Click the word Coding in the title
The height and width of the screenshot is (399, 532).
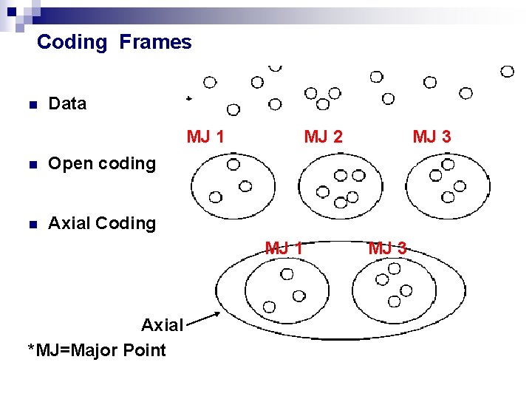click(x=72, y=42)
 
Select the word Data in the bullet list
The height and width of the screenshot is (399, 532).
click(x=67, y=104)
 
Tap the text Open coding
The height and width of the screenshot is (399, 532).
click(x=102, y=163)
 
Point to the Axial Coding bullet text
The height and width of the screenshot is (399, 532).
click(x=102, y=223)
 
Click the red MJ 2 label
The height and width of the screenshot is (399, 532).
click(x=323, y=137)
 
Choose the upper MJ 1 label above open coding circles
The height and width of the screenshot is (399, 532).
click(x=206, y=137)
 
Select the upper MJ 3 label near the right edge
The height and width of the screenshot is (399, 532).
click(x=432, y=137)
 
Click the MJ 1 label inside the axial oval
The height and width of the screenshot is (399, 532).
click(x=284, y=248)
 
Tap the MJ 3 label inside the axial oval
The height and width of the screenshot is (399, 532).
click(x=387, y=248)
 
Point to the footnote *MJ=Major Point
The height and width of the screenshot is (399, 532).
click(x=97, y=349)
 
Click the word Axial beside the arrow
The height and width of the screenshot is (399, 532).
click(x=162, y=325)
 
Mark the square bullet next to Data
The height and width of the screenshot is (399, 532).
click(x=31, y=105)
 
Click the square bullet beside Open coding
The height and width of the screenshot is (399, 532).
click(x=31, y=164)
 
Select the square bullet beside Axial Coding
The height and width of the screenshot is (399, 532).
click(x=31, y=224)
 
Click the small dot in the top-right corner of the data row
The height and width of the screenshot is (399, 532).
click(x=507, y=72)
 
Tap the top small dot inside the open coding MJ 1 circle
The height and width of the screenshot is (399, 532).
click(x=233, y=164)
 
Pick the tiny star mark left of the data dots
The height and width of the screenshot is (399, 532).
click(x=188, y=98)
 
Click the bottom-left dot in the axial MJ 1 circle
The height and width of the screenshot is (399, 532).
click(x=270, y=306)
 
